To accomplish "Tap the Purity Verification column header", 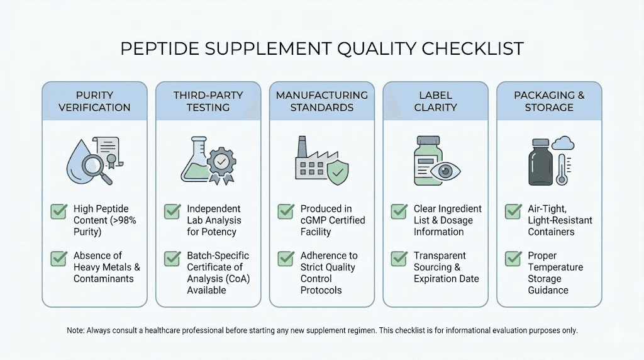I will point(94,101).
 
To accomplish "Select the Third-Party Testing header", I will point(208,101).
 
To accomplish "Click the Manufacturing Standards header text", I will point(322,101).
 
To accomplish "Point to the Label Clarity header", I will point(436,101).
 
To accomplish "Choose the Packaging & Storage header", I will point(549,101).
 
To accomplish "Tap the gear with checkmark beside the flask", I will point(221,163).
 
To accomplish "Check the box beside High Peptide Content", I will point(58,211).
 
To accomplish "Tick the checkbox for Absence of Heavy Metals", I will point(58,259).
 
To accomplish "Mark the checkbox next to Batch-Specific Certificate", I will point(172,259).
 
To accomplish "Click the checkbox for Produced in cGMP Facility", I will point(286,211).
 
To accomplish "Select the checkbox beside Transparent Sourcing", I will point(399,259).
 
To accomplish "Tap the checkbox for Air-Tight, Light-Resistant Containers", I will point(513,211).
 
